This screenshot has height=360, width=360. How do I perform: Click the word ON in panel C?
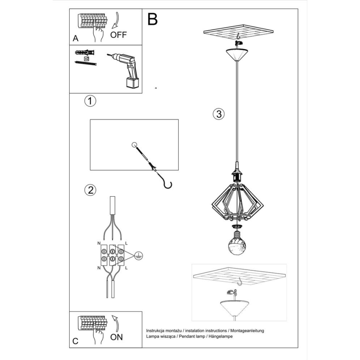click(117, 337)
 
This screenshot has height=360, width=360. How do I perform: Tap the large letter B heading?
click(152, 19)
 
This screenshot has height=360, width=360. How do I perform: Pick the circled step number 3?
click(219, 114)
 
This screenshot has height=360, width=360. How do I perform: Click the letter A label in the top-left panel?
click(75, 39)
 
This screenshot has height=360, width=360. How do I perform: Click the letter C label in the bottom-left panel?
click(75, 341)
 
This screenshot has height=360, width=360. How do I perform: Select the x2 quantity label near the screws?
click(87, 59)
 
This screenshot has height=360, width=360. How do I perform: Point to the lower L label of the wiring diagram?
click(126, 269)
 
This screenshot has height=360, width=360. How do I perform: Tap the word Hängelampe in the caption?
click(221, 336)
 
